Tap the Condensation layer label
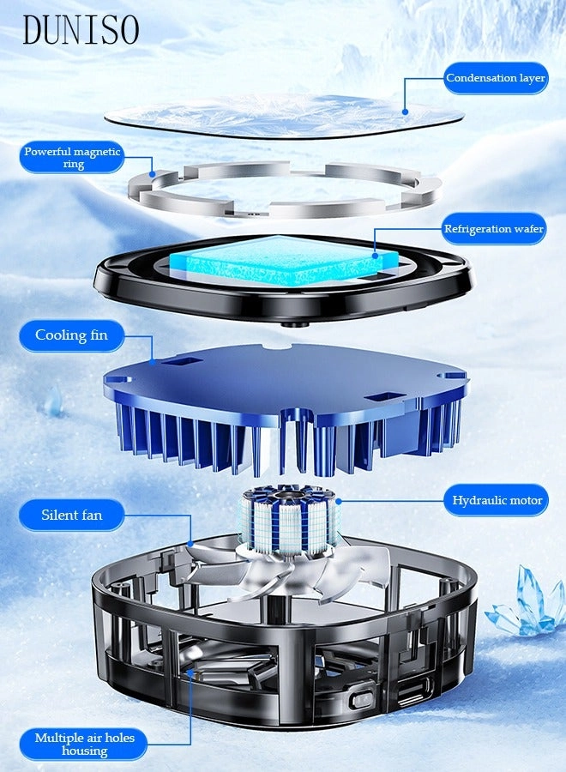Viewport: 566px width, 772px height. tap(495, 78)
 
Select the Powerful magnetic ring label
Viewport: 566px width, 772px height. tap(73, 158)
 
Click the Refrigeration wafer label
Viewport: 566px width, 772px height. tap(493, 229)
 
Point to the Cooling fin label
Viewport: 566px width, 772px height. tap(71, 335)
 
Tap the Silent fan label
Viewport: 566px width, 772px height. tap(71, 516)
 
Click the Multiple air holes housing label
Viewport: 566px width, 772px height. tap(84, 744)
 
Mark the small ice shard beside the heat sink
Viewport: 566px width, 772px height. tap(54, 401)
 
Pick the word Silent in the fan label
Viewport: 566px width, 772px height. tap(58, 516)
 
